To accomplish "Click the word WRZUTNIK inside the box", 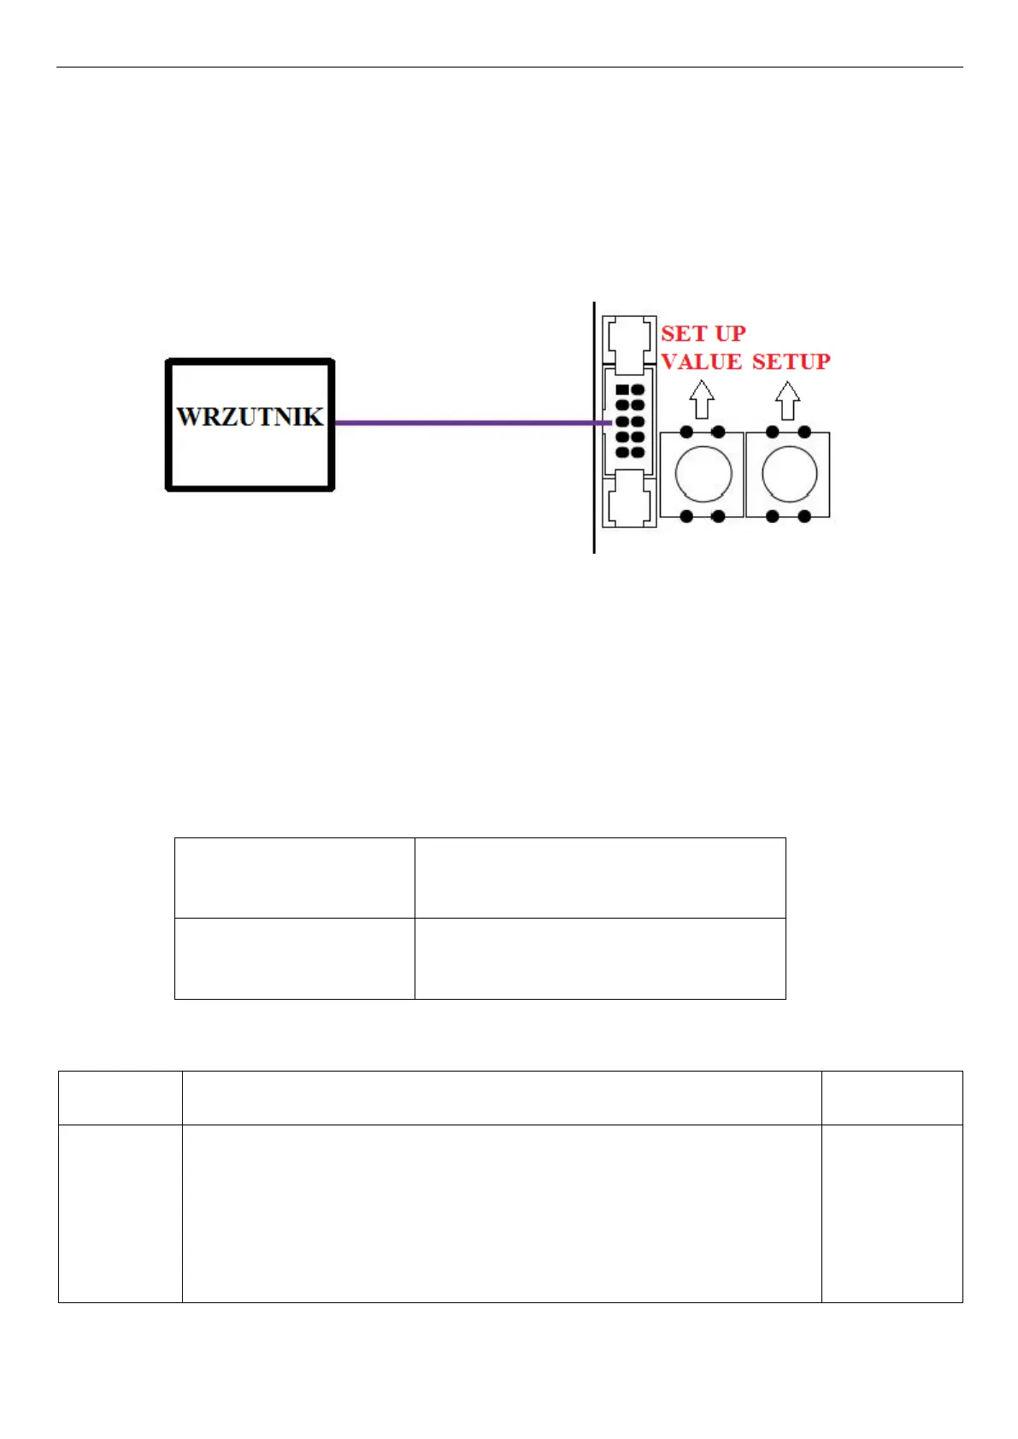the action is [250, 417].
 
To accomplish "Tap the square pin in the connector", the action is [622, 391].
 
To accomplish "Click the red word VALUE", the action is [701, 362].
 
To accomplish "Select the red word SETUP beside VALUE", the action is [791, 362].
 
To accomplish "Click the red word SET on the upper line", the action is [685, 333].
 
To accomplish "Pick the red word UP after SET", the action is [731, 333].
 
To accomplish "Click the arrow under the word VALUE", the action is [702, 400].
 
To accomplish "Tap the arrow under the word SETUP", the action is [787, 400].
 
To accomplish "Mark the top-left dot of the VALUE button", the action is [686, 432].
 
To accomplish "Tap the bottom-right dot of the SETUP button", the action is [803, 516].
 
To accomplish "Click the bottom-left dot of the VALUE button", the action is [686, 516].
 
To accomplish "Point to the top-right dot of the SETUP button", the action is [803, 432].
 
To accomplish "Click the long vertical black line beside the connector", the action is [594, 427].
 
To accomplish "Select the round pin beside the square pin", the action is [638, 391].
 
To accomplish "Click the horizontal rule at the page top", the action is [509, 67].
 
